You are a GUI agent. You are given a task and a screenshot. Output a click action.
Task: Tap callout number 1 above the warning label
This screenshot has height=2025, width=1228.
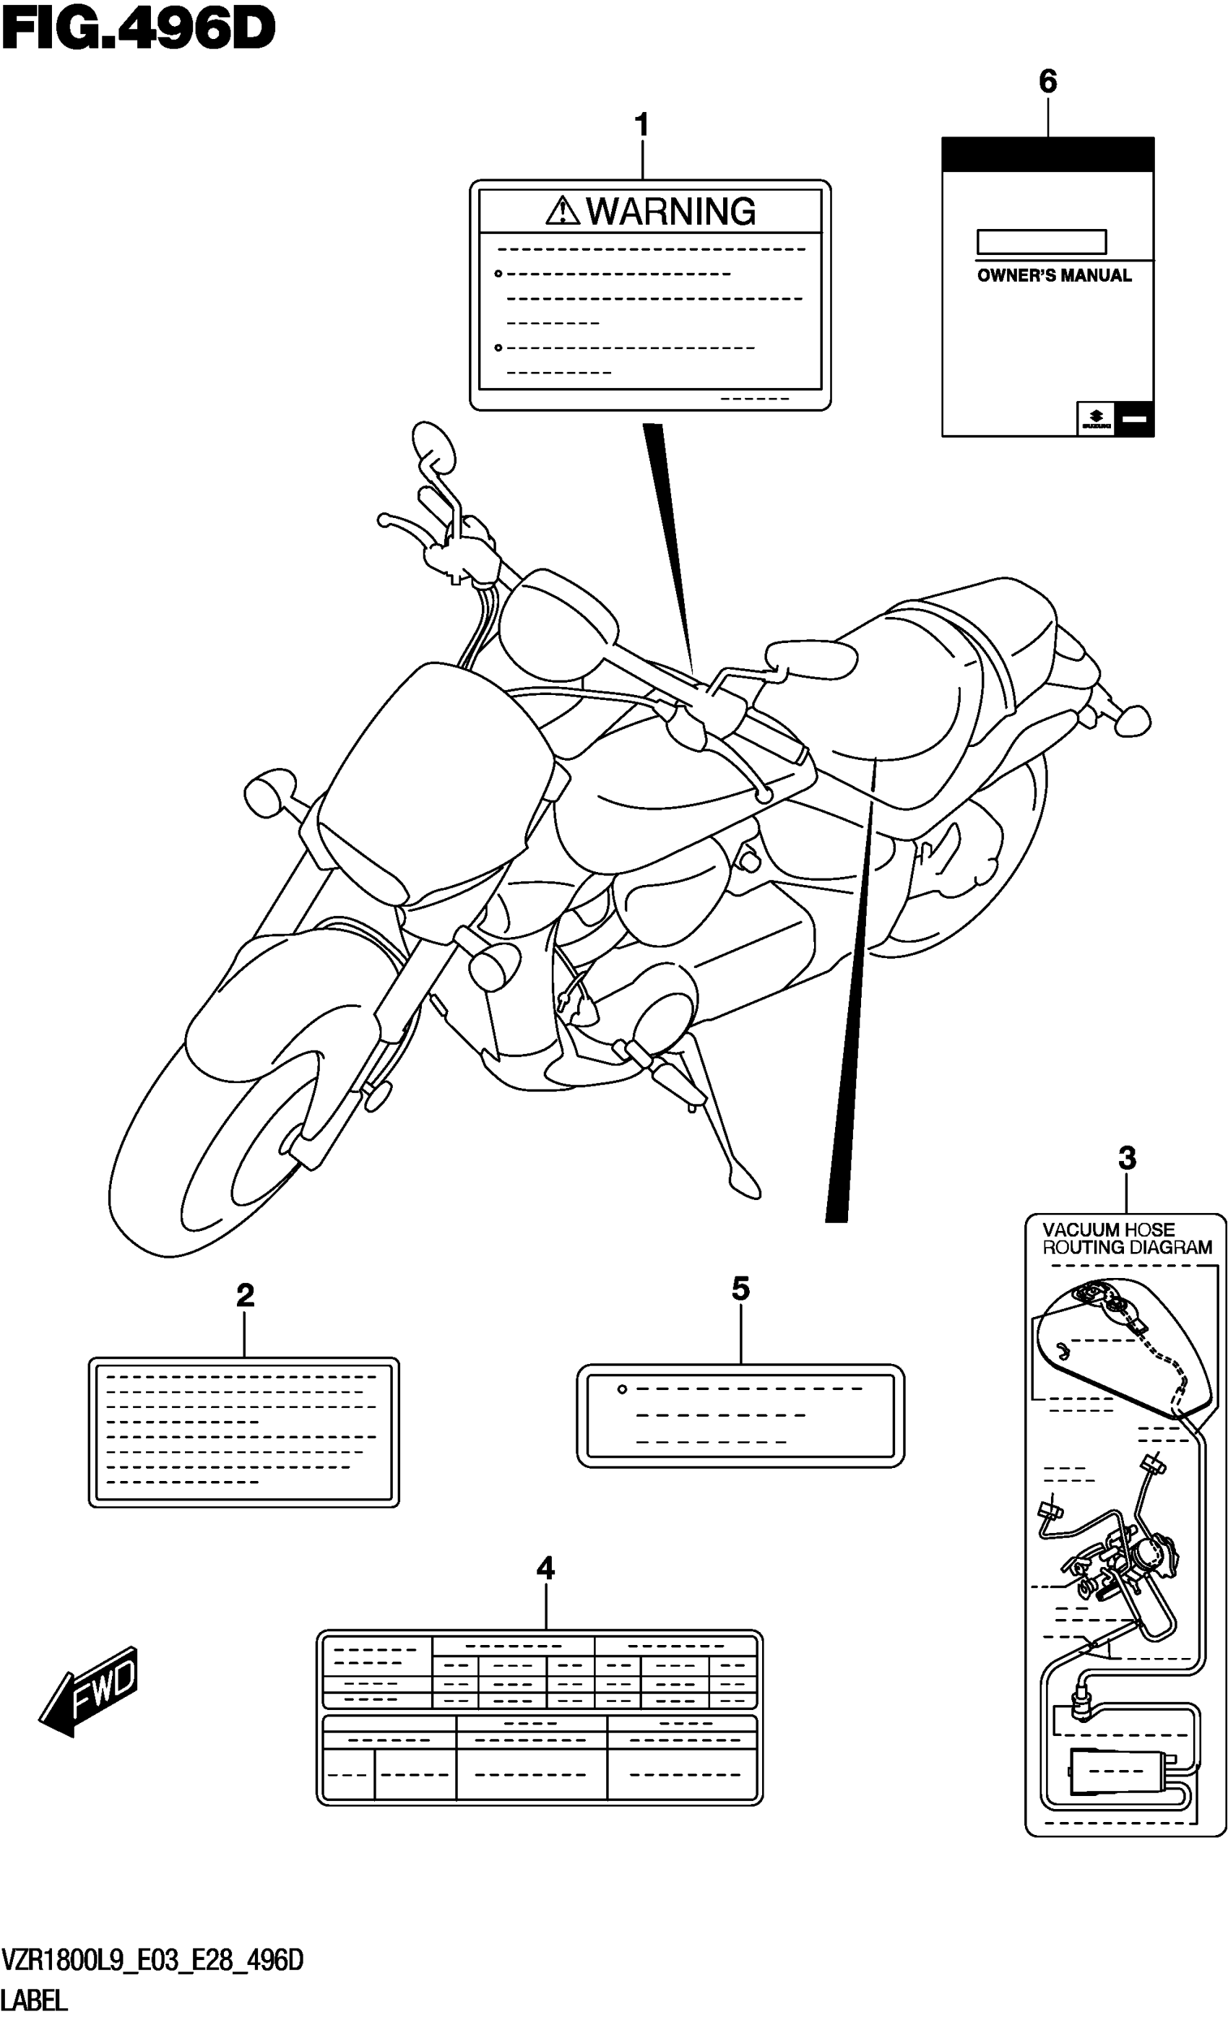coord(642,126)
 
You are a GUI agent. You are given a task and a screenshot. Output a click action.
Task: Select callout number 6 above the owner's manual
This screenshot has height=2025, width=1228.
coord(1047,82)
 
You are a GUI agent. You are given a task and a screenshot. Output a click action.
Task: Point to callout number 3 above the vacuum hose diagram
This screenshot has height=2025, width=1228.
coord(1126,1158)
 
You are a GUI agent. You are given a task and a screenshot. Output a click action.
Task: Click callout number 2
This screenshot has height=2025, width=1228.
coord(245,1296)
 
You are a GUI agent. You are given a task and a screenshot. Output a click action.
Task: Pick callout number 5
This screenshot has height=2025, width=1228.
coord(740,1289)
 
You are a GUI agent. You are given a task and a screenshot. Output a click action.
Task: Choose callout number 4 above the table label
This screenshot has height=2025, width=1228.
coord(545,1569)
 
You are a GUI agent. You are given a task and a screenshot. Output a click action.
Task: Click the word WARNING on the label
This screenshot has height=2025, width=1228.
coord(671,211)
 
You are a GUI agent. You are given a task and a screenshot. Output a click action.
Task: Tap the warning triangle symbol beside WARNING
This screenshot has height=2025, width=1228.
coord(562,211)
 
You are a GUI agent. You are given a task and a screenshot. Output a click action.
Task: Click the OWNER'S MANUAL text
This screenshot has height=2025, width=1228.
coord(1054,276)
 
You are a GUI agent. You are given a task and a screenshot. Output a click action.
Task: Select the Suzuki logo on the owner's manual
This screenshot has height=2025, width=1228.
coord(1095,419)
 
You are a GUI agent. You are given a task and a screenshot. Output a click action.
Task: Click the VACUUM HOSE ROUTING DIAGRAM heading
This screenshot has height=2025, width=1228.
coord(1126,1238)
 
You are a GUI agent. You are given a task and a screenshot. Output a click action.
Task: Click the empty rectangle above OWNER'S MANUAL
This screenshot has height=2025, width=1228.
coord(1041,241)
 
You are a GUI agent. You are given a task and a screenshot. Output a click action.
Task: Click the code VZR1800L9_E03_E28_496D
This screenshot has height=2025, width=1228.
coord(153,1961)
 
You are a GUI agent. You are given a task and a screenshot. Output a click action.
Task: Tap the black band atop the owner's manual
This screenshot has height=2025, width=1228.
coord(1047,155)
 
